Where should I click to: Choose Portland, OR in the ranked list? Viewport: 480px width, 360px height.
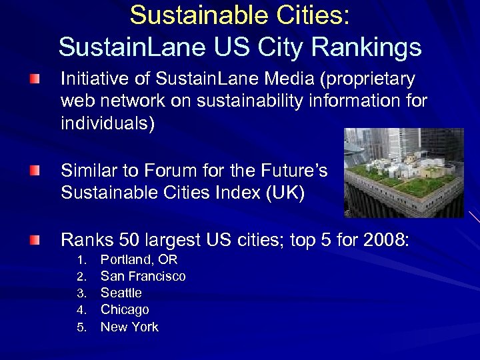(x=139, y=259)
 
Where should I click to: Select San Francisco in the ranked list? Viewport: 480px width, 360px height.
(x=143, y=276)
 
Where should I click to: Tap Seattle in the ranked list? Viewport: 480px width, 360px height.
(x=121, y=293)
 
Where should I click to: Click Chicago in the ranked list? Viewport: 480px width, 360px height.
(x=125, y=309)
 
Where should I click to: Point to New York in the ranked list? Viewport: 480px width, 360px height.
(x=129, y=327)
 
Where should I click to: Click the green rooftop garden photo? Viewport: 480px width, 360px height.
(x=403, y=173)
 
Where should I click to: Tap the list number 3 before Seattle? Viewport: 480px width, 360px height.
(x=80, y=293)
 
